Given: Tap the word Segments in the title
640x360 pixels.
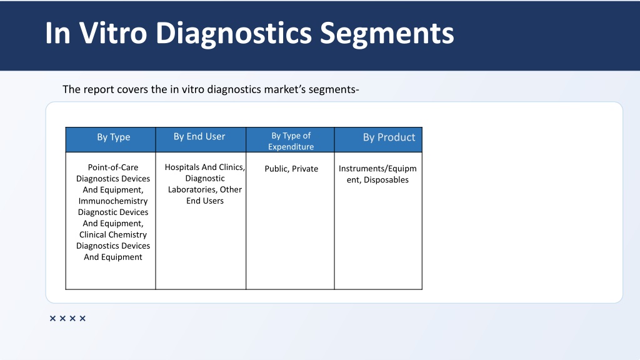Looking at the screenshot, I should coord(387,32).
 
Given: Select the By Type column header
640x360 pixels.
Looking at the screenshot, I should coord(113,137).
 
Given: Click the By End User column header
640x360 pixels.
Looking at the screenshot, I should coord(199,136).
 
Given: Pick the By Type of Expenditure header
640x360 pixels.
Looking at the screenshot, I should coord(291,141).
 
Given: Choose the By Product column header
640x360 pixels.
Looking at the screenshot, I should coord(389,137).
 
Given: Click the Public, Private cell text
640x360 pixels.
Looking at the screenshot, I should coord(291,169).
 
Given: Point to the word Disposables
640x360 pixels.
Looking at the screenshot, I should coord(386,180).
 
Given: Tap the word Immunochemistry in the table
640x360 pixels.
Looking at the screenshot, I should coord(113,201).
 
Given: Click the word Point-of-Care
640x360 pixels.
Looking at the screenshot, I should coord(113,167).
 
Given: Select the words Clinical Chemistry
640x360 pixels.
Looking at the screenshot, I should coord(113,235).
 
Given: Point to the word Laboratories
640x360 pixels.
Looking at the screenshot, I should coord(191,190).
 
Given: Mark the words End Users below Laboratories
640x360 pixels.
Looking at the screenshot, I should coord(204,201).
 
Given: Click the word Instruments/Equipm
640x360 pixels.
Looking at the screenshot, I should coord(377,169).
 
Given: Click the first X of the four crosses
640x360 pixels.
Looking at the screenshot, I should coord(52,319).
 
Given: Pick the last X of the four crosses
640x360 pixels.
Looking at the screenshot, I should coord(82,319).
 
